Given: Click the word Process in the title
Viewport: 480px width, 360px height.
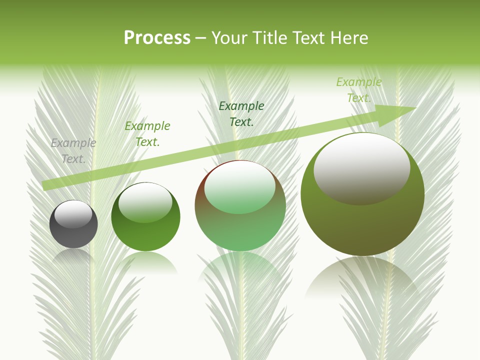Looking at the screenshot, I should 157,38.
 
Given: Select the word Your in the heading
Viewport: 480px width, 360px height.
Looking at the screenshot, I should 228,38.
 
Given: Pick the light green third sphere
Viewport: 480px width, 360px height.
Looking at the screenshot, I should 240,230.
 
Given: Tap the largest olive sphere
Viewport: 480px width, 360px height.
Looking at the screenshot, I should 362,225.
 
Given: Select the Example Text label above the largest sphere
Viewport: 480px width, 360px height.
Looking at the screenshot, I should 359,90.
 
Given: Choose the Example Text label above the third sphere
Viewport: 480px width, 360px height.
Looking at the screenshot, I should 241,113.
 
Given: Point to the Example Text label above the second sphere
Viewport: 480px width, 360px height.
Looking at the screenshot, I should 147,134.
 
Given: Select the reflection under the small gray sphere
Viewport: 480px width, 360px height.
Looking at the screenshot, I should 73,257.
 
